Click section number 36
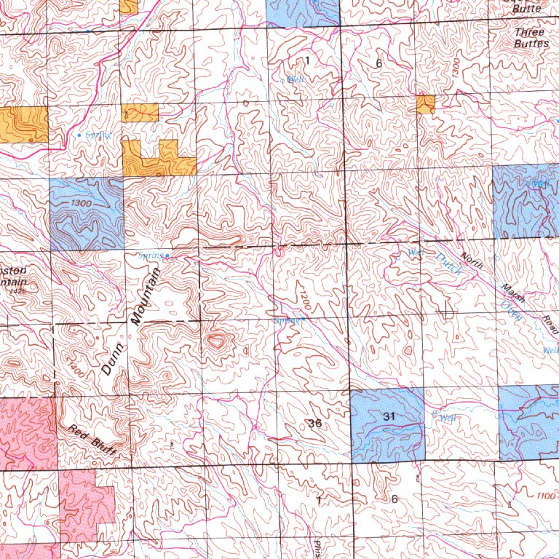(314, 423)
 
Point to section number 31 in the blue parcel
(387, 416)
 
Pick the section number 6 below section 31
(394, 499)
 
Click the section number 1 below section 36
(318, 499)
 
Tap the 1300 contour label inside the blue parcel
(82, 204)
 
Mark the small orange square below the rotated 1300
(426, 104)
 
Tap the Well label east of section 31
(447, 418)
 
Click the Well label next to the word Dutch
(415, 253)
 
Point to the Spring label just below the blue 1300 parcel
(151, 255)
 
